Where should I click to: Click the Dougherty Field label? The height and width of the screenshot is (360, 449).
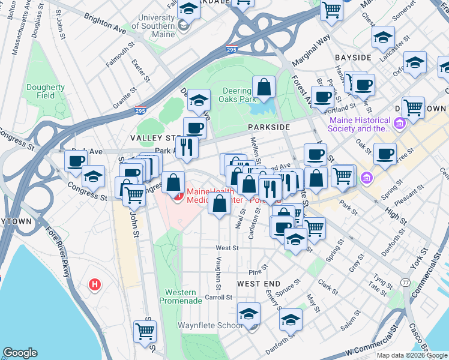[x=45, y=91]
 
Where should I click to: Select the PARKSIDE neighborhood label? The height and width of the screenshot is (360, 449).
[x=269, y=128]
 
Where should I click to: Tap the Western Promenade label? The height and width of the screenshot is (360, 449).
[x=180, y=296]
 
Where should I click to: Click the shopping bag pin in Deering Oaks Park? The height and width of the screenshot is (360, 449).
[x=264, y=88]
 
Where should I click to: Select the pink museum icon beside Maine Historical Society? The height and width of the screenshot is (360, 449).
[x=399, y=124]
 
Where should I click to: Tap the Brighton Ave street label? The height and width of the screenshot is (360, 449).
[x=106, y=23]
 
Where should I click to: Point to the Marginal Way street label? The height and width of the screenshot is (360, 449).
[x=312, y=50]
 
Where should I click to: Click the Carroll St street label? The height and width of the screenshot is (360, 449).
[x=218, y=296]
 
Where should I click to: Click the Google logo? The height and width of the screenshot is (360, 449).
[x=20, y=353]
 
